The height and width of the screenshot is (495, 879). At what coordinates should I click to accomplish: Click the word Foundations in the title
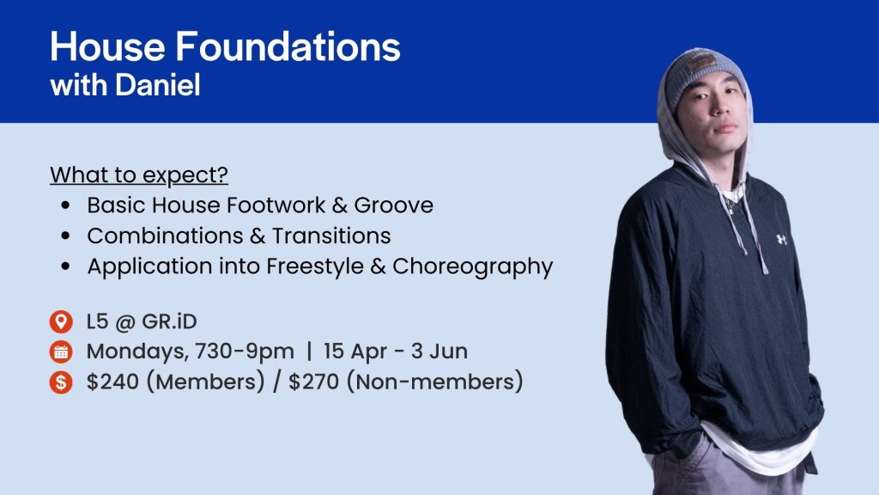click(x=288, y=46)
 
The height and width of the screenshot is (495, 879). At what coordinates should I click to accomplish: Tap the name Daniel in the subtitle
click(x=158, y=85)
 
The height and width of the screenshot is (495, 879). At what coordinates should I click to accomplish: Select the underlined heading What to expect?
click(x=139, y=175)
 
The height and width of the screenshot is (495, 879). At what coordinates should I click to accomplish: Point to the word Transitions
click(x=331, y=235)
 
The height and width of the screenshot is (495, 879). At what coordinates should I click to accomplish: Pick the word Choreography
click(x=473, y=266)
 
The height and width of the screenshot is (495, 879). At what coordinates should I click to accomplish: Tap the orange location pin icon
click(x=61, y=321)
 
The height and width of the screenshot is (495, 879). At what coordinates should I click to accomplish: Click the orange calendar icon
click(x=61, y=351)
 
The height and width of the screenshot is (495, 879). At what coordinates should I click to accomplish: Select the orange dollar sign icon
click(x=61, y=382)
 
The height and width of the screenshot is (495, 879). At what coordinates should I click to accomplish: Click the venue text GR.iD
click(x=169, y=321)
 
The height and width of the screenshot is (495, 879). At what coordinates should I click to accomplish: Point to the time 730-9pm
click(x=245, y=351)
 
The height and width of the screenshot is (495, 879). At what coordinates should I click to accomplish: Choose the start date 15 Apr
click(x=355, y=351)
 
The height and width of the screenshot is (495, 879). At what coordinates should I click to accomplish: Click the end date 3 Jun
click(x=439, y=351)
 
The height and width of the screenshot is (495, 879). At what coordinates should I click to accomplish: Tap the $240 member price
click(x=112, y=382)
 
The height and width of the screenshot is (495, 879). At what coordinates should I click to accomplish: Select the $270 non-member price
click(x=314, y=382)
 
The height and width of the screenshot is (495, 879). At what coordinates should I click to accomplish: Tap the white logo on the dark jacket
click(x=781, y=240)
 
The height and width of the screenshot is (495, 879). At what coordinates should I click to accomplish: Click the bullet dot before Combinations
click(x=66, y=235)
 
